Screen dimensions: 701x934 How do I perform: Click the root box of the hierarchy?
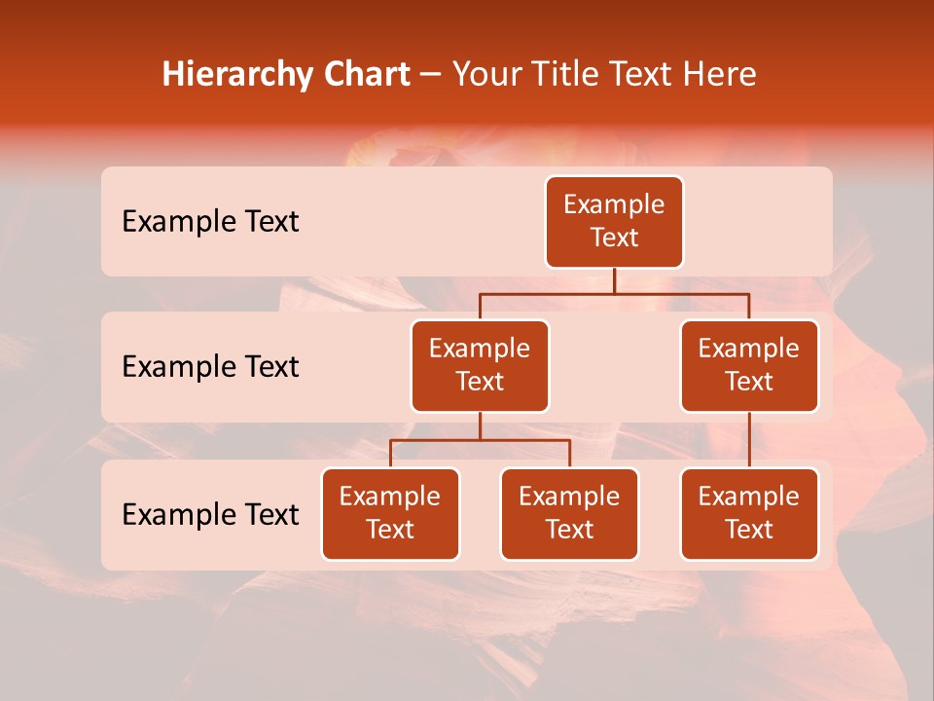[614, 221]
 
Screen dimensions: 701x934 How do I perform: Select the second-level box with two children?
[480, 365]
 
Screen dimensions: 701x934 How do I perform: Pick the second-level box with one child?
[749, 365]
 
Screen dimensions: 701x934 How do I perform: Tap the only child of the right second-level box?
[749, 513]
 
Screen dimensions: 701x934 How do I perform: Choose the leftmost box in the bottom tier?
[390, 513]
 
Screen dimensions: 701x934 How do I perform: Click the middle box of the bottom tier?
[569, 513]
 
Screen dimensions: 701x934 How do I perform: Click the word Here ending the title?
[719, 75]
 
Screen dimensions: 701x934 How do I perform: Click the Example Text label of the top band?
[210, 221]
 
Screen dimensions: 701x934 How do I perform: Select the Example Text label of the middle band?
[210, 366]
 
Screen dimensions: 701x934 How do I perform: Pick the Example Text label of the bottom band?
[210, 514]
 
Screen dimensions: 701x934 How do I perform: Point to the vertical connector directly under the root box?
[614, 280]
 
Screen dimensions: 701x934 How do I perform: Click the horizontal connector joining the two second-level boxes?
[614, 293]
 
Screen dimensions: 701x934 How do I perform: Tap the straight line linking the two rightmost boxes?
[749, 440]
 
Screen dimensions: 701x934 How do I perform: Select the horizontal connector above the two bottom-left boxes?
[480, 440]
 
